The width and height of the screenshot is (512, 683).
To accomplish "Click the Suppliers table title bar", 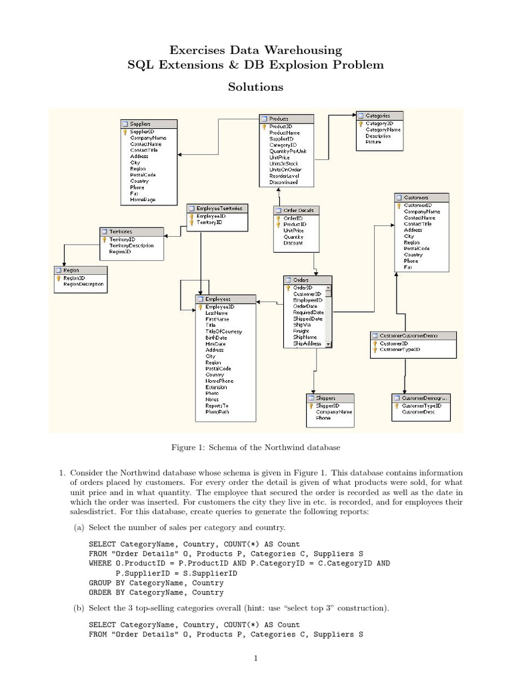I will [x=149, y=123].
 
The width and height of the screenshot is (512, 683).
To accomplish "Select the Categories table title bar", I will [x=379, y=115].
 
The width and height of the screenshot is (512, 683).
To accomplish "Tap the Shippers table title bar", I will [x=331, y=398].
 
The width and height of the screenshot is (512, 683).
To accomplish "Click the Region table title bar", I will [x=80, y=270].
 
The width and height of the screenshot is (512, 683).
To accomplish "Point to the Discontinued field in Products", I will [x=283, y=182].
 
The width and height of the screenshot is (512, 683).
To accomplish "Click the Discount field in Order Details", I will [x=293, y=243].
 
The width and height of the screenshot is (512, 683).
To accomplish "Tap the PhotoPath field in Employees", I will [x=217, y=412].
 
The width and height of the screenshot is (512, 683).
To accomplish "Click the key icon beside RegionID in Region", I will [x=58, y=277].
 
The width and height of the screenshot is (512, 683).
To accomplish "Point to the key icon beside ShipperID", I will [x=311, y=406].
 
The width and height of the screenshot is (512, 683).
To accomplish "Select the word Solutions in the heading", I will [x=256, y=87].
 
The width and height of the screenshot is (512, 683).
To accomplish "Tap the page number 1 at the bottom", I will [x=255, y=659].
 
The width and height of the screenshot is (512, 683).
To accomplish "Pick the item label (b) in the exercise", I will [x=79, y=609].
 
